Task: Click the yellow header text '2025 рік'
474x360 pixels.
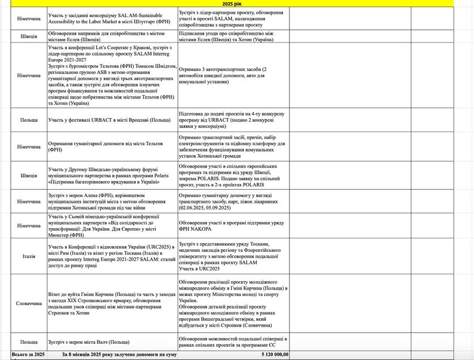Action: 237,3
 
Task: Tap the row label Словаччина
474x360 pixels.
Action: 23,303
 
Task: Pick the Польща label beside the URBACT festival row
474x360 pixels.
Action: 23,120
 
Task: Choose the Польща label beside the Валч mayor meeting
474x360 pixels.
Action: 23,342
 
